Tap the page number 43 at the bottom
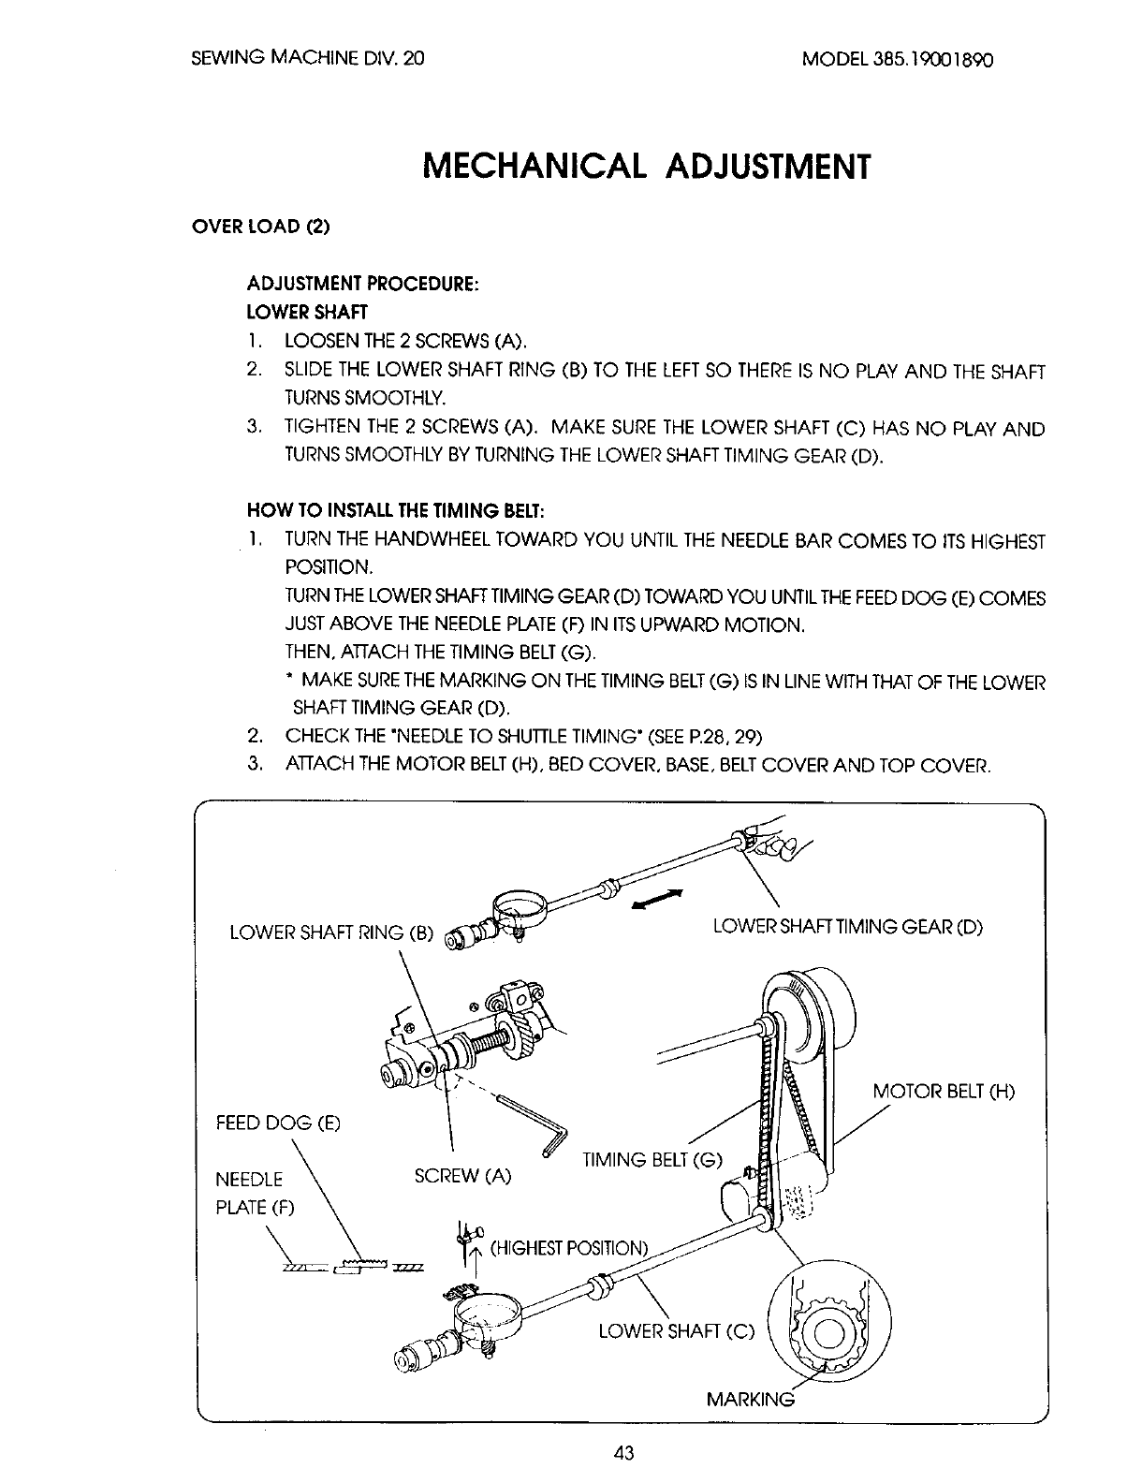pyautogui.click(x=624, y=1452)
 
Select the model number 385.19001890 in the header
pyautogui.click(x=898, y=59)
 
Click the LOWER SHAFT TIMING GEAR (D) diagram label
pyautogui.click(x=847, y=927)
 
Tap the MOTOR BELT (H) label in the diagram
pyautogui.click(x=944, y=1092)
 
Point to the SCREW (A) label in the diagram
pyautogui.click(x=462, y=1176)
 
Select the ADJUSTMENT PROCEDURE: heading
pyautogui.click(x=363, y=284)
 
